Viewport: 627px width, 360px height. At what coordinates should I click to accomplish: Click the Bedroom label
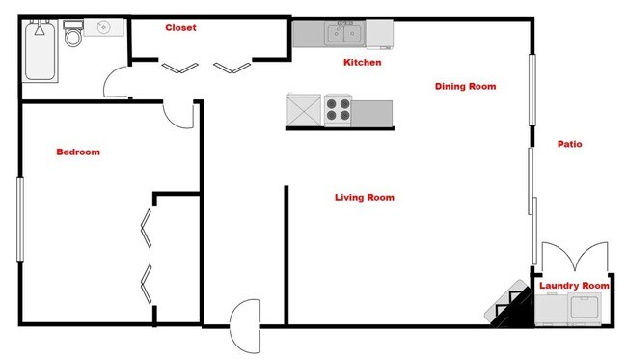click(78, 152)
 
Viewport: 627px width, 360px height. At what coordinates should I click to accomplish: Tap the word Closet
click(180, 28)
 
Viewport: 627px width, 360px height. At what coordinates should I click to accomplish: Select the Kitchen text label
click(363, 63)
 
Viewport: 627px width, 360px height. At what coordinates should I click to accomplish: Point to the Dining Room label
click(465, 87)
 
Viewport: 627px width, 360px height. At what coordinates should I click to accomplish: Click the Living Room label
click(364, 198)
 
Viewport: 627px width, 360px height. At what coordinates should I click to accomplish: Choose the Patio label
click(569, 145)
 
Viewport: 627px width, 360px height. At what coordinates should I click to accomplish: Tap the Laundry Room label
click(574, 286)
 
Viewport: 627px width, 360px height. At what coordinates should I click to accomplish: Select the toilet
click(73, 37)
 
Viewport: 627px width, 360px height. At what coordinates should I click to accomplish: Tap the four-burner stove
click(338, 109)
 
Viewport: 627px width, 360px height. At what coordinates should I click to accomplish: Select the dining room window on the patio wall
click(532, 89)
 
